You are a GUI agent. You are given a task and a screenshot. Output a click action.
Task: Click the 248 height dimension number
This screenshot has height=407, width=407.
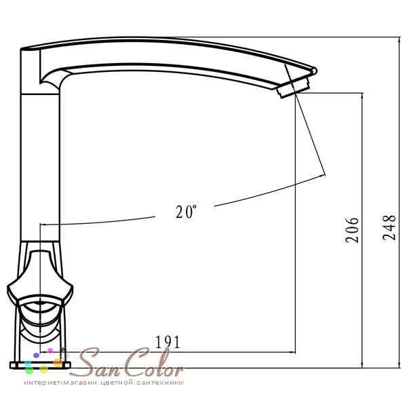tap(389, 227)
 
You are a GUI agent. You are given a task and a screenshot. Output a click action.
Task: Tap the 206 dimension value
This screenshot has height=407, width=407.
tap(352, 230)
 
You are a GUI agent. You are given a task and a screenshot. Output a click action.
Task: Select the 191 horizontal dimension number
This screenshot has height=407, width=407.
tap(168, 343)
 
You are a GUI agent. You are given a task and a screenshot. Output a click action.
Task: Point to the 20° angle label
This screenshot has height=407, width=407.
tap(186, 212)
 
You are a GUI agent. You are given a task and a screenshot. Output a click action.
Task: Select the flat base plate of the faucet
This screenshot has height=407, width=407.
tap(40, 366)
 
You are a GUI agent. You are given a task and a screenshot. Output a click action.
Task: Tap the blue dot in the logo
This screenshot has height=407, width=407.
tap(36, 355)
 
